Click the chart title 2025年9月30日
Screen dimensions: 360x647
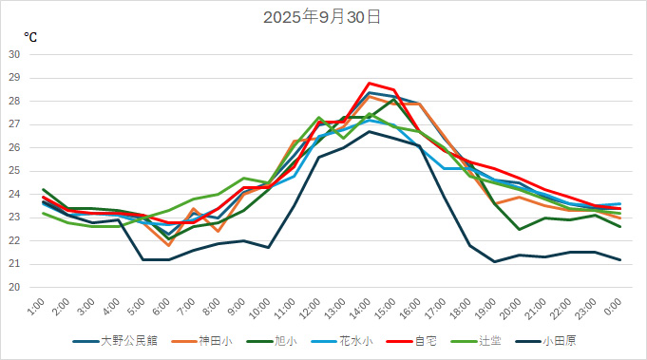point(323,16)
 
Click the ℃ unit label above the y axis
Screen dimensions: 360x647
point(30,37)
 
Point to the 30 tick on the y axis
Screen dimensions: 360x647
point(14,54)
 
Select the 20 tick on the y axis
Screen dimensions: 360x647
point(14,287)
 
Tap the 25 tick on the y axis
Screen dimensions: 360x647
point(14,171)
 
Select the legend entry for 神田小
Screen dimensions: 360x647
point(215,340)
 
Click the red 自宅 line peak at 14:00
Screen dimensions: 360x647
point(369,83)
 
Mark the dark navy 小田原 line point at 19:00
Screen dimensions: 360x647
point(494,261)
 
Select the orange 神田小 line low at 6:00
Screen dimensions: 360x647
point(168,245)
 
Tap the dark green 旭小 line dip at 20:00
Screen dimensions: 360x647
point(519,229)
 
